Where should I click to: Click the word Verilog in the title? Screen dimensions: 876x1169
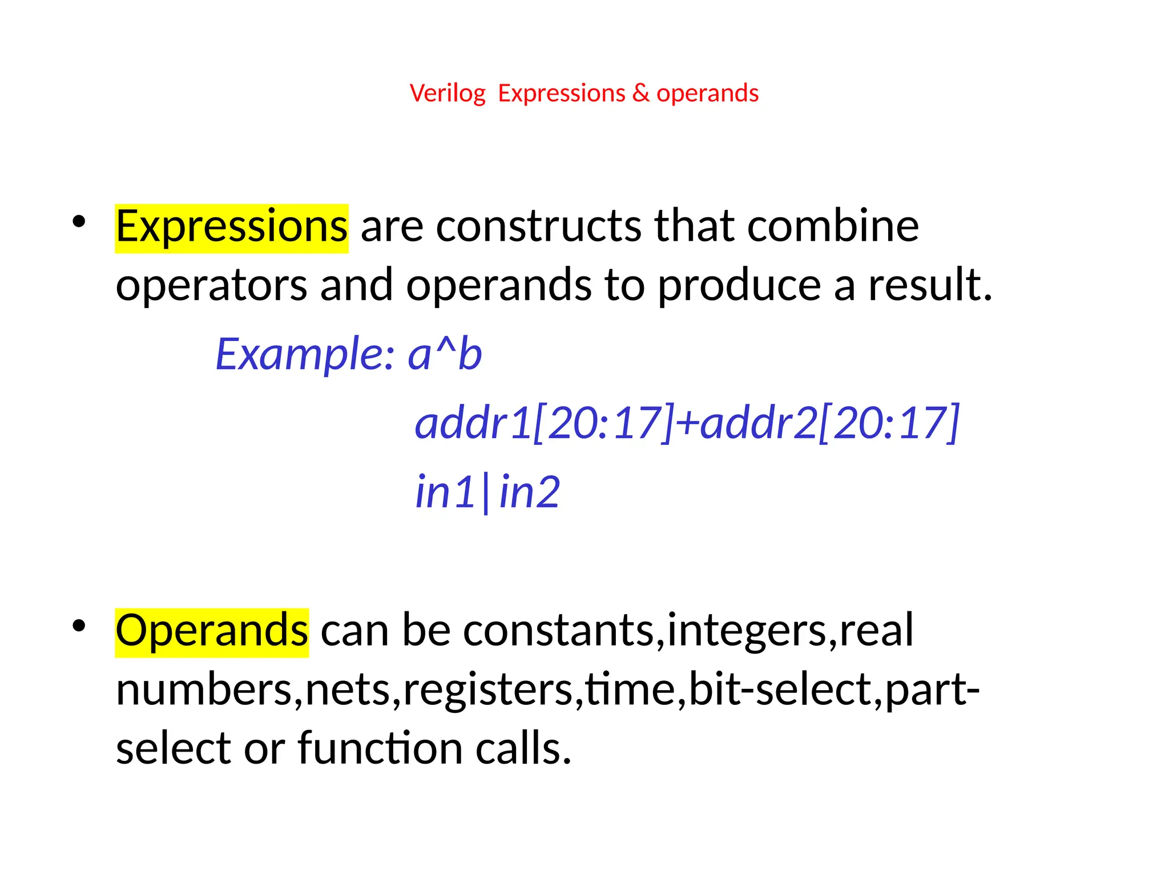(448, 94)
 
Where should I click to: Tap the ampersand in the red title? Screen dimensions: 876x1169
(641, 94)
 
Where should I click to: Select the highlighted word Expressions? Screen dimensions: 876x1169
(231, 227)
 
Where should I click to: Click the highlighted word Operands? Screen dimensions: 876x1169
(212, 631)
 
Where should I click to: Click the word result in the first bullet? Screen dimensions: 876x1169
(930, 285)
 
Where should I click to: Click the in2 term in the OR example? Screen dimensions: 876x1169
(530, 492)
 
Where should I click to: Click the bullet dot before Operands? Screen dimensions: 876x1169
(79, 626)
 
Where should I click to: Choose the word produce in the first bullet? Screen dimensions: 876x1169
(739, 285)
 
